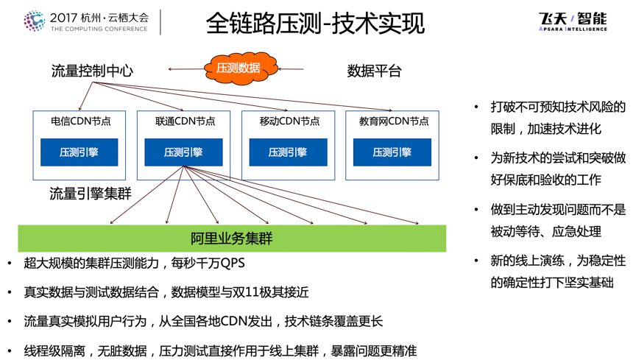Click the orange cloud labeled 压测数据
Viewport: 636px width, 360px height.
pos(238,67)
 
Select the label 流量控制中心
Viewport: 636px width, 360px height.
pos(92,71)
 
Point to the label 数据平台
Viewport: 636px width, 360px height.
pos(375,71)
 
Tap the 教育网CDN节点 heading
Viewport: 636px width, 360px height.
pos(394,121)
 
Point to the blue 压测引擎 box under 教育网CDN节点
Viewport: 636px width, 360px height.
pos(393,152)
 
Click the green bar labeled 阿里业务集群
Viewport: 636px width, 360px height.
pos(232,238)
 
